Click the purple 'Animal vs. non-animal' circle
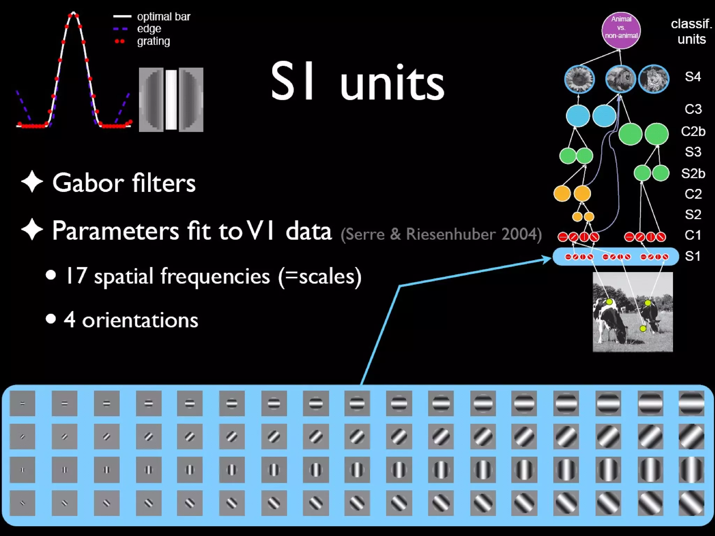[x=621, y=30]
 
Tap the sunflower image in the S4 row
[x=579, y=79]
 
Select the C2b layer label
[x=693, y=131]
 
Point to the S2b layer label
[x=693, y=173]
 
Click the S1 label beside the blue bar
[x=693, y=256]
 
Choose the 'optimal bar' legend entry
[x=163, y=16]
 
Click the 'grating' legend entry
[x=153, y=41]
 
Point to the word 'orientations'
[x=140, y=320]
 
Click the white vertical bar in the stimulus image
[x=171, y=99]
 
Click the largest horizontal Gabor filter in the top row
[x=691, y=403]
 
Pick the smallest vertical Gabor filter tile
[x=22, y=470]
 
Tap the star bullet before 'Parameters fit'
[x=32, y=230]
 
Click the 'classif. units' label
[x=691, y=31]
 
